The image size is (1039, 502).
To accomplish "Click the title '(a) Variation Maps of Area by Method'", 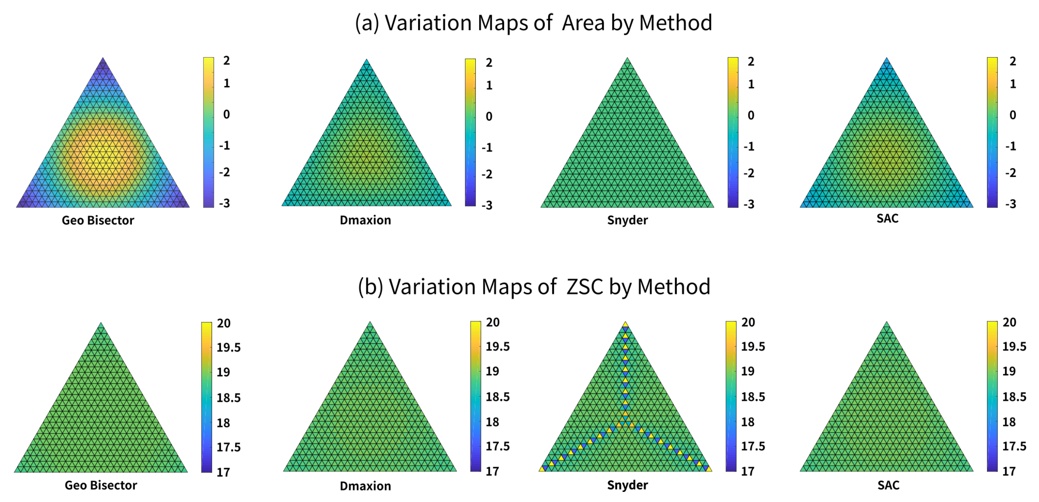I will tap(533, 23).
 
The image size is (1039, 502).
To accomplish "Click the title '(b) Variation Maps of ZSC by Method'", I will tap(534, 287).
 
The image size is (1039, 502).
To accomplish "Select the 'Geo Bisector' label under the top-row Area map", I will tap(98, 221).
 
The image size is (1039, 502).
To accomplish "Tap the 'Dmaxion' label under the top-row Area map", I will tap(365, 220).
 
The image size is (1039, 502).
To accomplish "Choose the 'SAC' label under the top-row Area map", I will tap(887, 218).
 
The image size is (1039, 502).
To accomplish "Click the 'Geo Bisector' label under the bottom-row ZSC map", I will tap(101, 485).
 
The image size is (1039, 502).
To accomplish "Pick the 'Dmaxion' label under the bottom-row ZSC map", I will tap(365, 486).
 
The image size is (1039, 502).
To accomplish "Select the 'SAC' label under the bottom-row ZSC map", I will tap(888, 485).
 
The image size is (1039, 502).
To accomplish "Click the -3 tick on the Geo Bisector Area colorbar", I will tap(224, 203).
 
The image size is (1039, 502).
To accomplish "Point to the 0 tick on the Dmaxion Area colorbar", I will tap(489, 117).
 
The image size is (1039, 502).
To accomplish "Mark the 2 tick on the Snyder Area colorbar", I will tap(751, 62).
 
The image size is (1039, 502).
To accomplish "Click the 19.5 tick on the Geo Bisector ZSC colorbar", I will tap(228, 348).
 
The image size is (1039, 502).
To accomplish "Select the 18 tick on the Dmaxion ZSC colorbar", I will tap(492, 422).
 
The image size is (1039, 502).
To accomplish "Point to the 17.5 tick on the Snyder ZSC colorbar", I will tap(753, 446).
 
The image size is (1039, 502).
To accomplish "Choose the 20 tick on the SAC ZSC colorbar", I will tap(1009, 322).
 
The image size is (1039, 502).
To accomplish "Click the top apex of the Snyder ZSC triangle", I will tap(625, 322).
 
